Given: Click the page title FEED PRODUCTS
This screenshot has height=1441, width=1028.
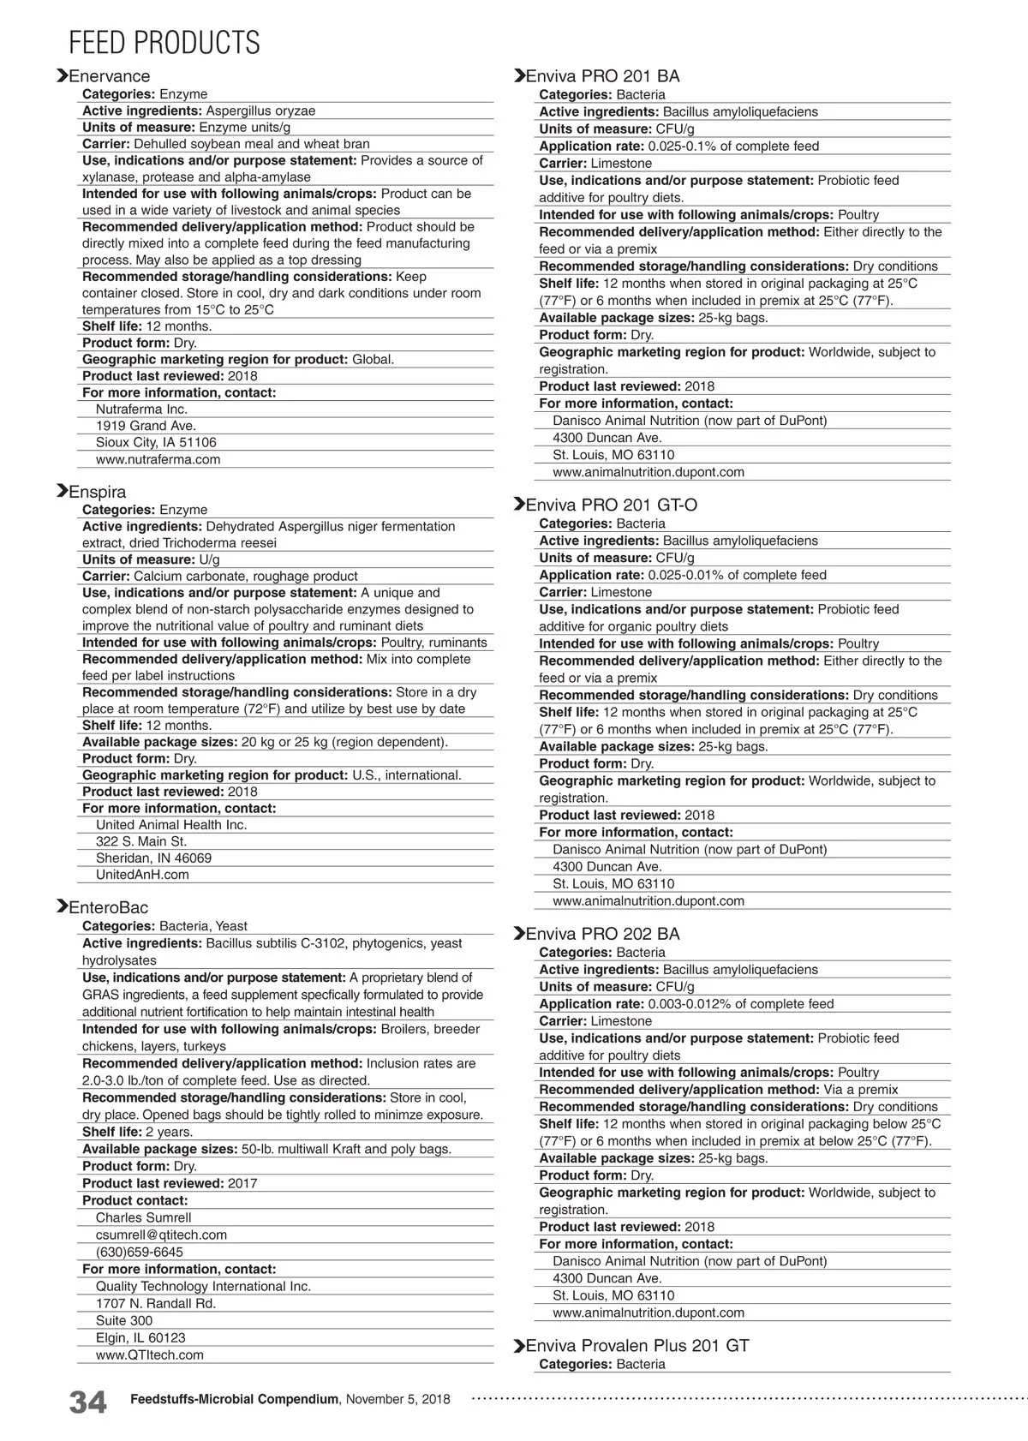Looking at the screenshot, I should click(x=164, y=42).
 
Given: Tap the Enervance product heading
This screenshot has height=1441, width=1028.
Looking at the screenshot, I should click(x=109, y=76).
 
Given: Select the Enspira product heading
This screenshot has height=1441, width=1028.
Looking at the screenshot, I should click(x=97, y=492).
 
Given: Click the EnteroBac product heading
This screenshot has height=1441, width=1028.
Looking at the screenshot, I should click(x=108, y=907).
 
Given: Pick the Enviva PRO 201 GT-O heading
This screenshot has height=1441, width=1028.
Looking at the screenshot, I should click(x=611, y=505).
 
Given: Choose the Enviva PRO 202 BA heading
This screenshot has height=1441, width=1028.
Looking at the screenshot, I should click(x=602, y=934).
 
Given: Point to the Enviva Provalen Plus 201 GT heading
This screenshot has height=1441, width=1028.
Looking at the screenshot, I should click(x=637, y=1346).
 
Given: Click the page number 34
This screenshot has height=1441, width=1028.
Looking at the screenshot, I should click(x=87, y=1402).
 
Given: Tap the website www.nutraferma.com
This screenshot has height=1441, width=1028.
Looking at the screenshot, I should click(x=158, y=459).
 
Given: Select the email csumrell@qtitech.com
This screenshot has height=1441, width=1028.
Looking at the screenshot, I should click(x=161, y=1235).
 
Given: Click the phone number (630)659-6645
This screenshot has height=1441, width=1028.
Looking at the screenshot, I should click(x=139, y=1252).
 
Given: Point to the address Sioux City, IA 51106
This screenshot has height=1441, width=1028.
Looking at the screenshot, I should click(x=156, y=442).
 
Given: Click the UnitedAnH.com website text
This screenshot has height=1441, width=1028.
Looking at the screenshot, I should click(x=142, y=875).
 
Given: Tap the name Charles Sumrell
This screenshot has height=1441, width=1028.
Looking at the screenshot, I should click(x=143, y=1217).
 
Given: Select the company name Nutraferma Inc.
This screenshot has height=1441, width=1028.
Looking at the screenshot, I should click(x=141, y=409).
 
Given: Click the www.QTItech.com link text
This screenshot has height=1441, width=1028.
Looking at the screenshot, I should click(x=149, y=1354).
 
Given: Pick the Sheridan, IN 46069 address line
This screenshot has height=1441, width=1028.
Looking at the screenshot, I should click(x=153, y=858).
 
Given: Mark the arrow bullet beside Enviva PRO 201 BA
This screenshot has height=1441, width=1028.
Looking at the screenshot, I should click(x=518, y=76).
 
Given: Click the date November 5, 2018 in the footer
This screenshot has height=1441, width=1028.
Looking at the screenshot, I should click(x=397, y=1399).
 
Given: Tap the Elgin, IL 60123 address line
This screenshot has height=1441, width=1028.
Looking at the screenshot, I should click(x=140, y=1337).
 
